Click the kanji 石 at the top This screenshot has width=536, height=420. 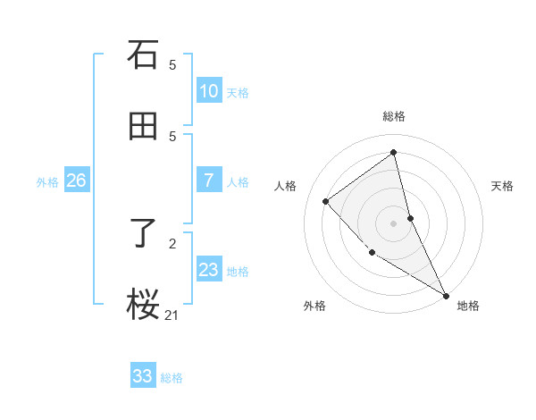(143, 55)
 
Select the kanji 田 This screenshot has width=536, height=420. (143, 127)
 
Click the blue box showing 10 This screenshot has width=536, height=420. (208, 91)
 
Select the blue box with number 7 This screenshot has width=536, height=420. (208, 181)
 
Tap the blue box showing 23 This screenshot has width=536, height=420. (208, 270)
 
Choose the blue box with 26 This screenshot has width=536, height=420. (76, 181)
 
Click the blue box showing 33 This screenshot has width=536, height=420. (143, 376)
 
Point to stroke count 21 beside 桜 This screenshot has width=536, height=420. (172, 315)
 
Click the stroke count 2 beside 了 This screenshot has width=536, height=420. (172, 243)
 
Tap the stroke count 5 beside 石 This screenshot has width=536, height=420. (172, 64)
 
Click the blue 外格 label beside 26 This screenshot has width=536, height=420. (47, 181)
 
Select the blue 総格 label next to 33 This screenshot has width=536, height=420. (172, 378)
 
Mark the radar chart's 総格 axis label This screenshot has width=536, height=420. (394, 116)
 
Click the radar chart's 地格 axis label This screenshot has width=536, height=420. (468, 306)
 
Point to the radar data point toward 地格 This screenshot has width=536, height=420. (446, 295)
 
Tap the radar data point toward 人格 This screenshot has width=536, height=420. (326, 201)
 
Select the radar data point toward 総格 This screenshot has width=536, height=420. (394, 152)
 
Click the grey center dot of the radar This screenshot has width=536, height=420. (394, 223)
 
